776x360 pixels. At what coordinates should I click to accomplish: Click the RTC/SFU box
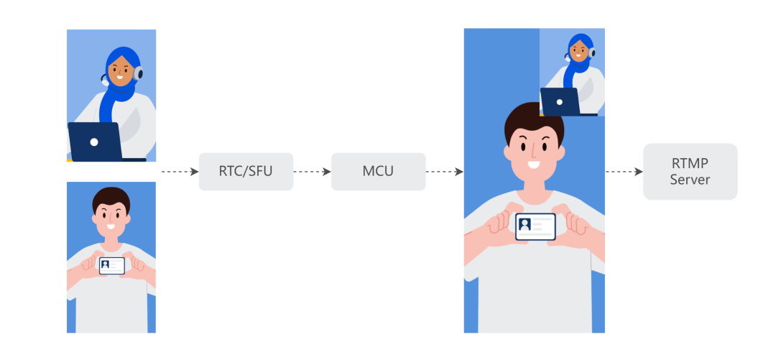coord(246,172)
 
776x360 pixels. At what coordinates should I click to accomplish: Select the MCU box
coord(378,172)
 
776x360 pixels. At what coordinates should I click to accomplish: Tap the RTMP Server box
coord(690,172)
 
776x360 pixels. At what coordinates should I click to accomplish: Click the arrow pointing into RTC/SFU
coord(179,172)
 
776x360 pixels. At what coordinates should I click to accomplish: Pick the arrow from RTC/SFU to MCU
coord(312,172)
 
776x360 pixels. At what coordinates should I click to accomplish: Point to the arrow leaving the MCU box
coord(444,172)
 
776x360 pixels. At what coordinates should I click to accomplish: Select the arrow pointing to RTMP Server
coord(624,172)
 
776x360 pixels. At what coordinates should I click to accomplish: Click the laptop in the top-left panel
coord(95,141)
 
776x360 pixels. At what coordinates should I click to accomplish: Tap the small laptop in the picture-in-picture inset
coord(560,101)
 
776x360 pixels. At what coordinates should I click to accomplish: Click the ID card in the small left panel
coord(111,265)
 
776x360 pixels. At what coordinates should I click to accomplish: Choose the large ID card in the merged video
coord(535,226)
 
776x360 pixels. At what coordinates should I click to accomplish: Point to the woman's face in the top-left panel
coord(121,70)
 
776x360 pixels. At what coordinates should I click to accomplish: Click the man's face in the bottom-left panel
coord(111,213)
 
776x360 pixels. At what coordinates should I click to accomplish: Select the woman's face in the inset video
coord(578,51)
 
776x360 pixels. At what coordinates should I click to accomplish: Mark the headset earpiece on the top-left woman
coord(138,73)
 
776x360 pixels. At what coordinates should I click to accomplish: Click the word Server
coord(690,180)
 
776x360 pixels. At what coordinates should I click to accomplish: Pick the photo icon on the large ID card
coord(525,224)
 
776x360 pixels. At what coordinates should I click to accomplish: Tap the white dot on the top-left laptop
coord(94,142)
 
